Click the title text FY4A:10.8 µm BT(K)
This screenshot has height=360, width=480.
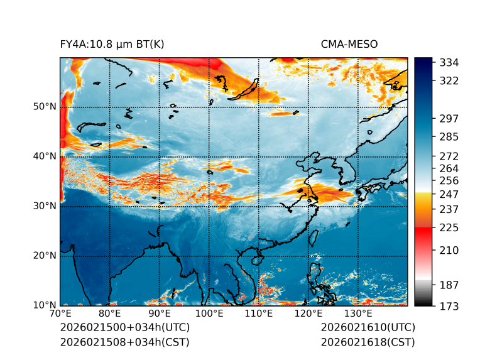pos(112,44)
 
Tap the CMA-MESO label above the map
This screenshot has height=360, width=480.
pos(349,44)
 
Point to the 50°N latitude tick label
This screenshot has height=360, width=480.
pos(45,107)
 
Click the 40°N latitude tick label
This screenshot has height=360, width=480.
pos(45,156)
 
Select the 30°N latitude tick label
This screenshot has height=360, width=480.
pos(45,206)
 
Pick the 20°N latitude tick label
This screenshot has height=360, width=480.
pos(45,256)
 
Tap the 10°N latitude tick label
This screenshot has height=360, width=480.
pos(45,305)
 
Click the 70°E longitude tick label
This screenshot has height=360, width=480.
pos(60,314)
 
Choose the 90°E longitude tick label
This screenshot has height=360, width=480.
pos(160,314)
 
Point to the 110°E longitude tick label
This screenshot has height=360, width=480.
pos(258,314)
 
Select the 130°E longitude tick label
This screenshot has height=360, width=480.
pos(357,314)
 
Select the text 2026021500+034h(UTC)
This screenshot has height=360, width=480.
pos(124,328)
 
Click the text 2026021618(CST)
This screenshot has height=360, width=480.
pos(368,342)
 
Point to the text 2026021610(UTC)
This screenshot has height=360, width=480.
pos(368,328)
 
